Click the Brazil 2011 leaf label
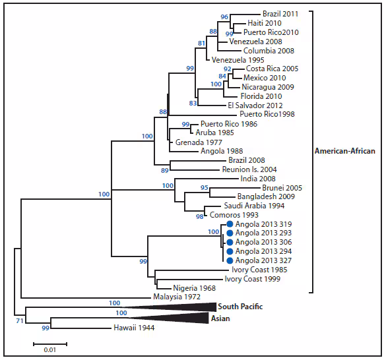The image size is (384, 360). point(280,13)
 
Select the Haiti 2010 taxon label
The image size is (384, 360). point(265,22)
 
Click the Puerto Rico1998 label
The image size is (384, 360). point(267,114)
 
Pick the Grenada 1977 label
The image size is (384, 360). point(198,142)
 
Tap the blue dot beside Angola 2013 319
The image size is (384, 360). point(230,224)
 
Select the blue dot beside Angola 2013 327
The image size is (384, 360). point(230,260)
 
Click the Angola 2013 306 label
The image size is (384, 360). point(263,243)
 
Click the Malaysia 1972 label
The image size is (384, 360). point(177,297)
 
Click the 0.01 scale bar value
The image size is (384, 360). point(49,349)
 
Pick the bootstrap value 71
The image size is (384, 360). point(20,320)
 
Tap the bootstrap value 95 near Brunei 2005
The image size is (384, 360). point(205,188)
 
